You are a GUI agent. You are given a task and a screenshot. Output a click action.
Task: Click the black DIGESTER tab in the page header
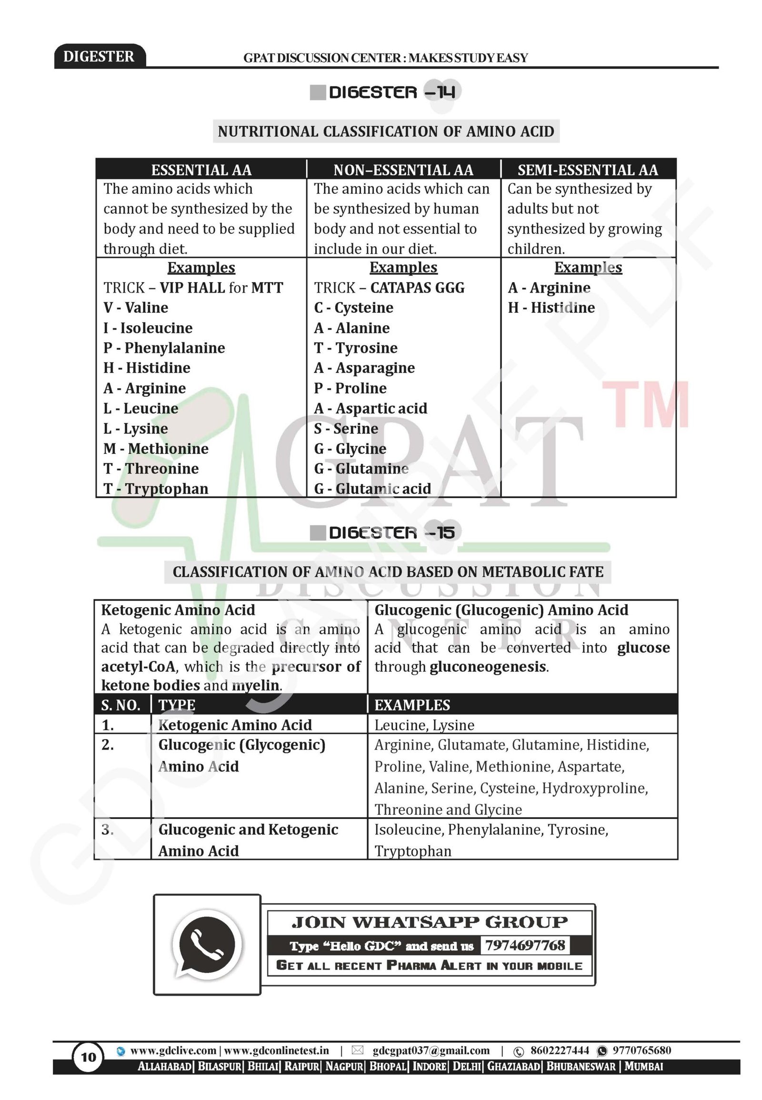point(99,56)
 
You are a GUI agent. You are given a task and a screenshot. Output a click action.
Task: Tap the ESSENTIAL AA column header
point(201,170)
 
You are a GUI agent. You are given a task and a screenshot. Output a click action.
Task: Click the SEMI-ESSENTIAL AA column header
point(588,170)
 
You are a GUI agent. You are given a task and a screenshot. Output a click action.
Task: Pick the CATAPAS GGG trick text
point(417,288)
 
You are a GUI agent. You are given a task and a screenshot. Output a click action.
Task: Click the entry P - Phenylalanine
point(164,348)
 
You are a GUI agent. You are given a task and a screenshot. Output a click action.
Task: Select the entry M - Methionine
point(156,449)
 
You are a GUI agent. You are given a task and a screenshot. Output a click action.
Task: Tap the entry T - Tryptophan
point(156,489)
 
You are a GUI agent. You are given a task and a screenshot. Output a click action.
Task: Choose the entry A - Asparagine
point(364,368)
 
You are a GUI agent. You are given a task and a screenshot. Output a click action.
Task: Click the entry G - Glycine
point(350,449)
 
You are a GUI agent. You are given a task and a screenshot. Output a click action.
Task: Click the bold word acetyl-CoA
point(138,667)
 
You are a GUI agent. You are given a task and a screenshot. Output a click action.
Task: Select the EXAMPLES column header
point(412,705)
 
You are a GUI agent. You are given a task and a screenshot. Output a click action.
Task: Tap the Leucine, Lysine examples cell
point(424,725)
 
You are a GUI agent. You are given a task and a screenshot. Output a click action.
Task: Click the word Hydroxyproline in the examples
point(594,788)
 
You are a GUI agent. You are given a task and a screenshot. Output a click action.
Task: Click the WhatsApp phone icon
point(207,945)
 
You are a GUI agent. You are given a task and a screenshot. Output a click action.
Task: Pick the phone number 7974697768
point(525,945)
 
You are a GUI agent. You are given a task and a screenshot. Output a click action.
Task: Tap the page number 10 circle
point(88,1057)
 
